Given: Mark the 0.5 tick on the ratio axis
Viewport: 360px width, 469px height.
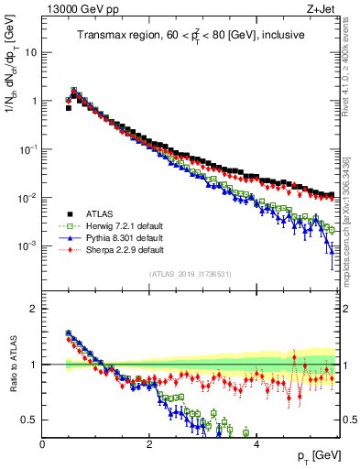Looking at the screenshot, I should (x=31, y=420).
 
